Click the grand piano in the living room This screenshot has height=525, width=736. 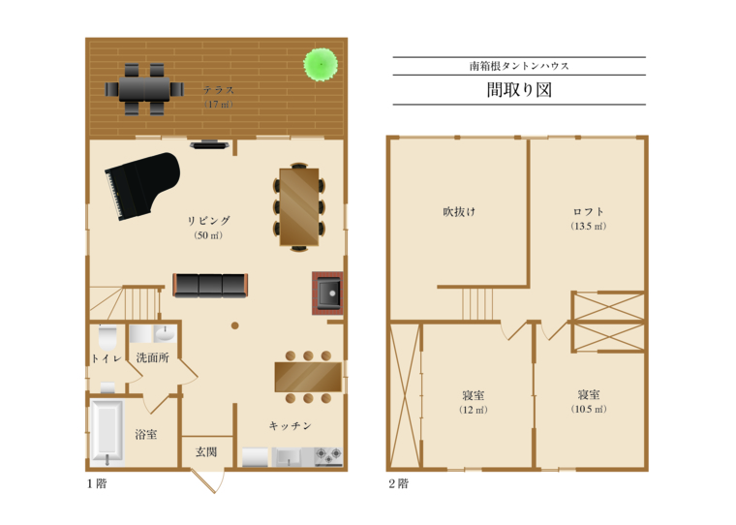pos(141,185)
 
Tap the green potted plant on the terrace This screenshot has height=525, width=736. pos(321,64)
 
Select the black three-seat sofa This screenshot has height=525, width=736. pos(210,286)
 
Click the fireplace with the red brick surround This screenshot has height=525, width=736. pos(327,293)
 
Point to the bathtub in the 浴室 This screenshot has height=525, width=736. pos(107,432)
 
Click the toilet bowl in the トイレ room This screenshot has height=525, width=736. pos(107,336)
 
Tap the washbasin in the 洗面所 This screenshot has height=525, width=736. pos(165,334)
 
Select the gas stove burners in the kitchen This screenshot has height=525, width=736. pos(328,456)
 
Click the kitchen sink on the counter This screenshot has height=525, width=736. pos(289,457)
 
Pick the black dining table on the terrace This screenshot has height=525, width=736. pos(144,89)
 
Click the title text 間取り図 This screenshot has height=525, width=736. pos(519,90)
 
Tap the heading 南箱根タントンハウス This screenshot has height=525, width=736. pos(519,66)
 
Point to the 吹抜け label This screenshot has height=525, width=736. pos(459,212)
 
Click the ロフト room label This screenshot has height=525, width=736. pos(588,211)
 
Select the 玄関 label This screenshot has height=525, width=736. pos(206,451)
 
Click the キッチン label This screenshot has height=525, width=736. pos(291,425)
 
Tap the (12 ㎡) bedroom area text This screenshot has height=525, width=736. pos(474,410)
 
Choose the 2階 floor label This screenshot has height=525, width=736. pos(399,483)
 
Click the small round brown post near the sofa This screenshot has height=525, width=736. pos(234,325)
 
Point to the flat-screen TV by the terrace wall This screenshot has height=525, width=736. pos(209,144)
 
